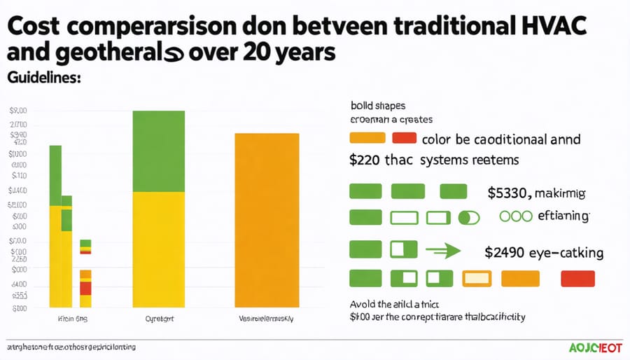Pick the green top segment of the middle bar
[x=158, y=151]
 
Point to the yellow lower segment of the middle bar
[x=158, y=249]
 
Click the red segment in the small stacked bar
[x=85, y=287]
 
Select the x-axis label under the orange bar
[x=267, y=319]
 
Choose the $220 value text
[x=364, y=160]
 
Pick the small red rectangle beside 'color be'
[x=405, y=138]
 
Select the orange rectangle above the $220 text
[x=367, y=138]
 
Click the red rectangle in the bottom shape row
[x=577, y=279]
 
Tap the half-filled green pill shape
[x=469, y=218]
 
